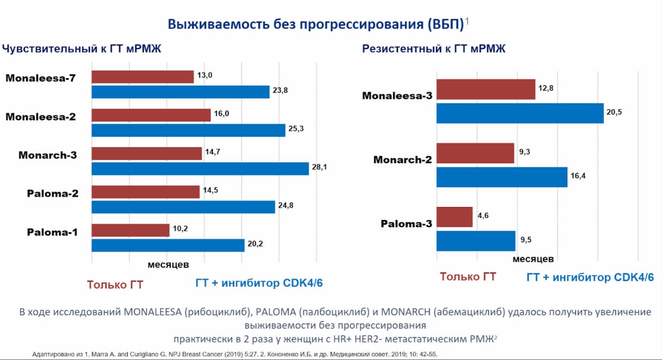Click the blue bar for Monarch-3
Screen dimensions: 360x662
pyautogui.click(x=200, y=169)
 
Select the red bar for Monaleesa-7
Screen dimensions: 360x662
pyautogui.click(x=142, y=77)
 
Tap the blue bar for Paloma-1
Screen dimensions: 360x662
pyautogui.click(x=168, y=246)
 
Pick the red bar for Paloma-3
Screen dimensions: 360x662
pyautogui.click(x=454, y=217)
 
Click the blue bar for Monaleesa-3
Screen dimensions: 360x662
pyautogui.click(x=520, y=113)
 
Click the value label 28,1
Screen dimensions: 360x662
pyautogui.click(x=319, y=167)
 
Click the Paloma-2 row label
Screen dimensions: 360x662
pyautogui.click(x=52, y=194)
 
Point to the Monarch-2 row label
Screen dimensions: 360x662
pyautogui.click(x=402, y=160)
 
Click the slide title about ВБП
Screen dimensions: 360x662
pyautogui.click(x=316, y=25)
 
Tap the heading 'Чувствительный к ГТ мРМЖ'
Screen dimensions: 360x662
pyautogui.click(x=81, y=49)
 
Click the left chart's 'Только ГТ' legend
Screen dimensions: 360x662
pyautogui.click(x=115, y=284)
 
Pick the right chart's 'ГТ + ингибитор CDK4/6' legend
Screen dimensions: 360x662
pyautogui.click(x=590, y=277)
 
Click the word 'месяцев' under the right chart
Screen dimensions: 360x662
pyautogui.click(x=533, y=259)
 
